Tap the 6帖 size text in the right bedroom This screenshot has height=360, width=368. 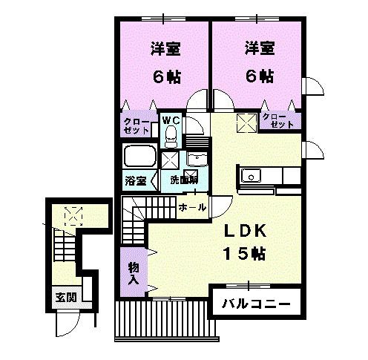(260, 76)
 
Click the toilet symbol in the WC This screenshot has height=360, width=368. (171, 135)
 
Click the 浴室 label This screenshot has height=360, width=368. (134, 180)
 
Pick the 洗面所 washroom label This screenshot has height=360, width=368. (183, 180)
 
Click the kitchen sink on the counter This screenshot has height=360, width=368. (251, 177)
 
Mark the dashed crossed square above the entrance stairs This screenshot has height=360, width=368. (73, 215)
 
